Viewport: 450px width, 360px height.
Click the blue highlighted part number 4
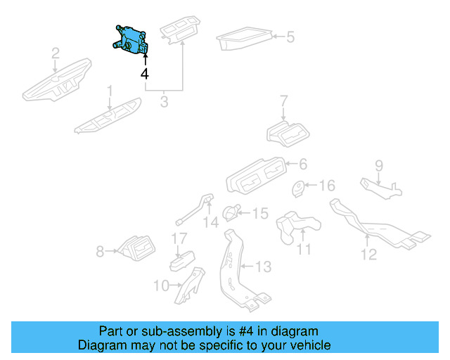[130, 39]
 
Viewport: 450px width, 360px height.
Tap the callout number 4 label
[145, 74]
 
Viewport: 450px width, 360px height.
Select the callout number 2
[56, 53]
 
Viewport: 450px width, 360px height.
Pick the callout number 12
[369, 255]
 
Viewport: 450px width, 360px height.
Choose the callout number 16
[328, 186]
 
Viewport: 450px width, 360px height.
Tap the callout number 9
[378, 166]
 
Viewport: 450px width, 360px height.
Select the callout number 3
[164, 102]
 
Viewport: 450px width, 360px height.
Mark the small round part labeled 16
[300, 188]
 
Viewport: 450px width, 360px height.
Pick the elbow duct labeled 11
[295, 225]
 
